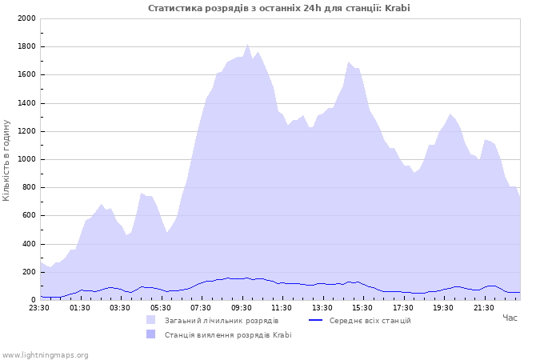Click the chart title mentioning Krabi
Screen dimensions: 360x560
pos(279,8)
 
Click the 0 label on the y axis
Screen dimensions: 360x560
pos(32,300)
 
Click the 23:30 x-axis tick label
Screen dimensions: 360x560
pos(39,307)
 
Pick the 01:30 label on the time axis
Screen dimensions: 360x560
pos(80,307)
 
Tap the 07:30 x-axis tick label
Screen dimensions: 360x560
pos(201,307)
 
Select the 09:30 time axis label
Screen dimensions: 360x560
pos(241,307)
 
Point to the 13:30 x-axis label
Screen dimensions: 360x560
pos(322,307)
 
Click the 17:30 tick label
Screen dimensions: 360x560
pos(402,307)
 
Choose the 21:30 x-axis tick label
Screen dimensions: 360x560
pos(483,307)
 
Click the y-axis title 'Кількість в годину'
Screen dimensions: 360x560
pos(7,160)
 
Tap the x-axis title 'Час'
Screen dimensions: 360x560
pos(510,318)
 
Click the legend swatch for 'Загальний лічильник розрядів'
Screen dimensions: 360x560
pos(150,320)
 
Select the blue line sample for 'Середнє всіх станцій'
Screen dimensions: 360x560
pos(316,320)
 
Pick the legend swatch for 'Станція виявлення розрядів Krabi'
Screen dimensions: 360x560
pos(150,334)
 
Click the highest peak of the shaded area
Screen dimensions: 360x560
pos(248,45)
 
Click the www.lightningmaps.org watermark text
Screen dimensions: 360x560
pos(45,354)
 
